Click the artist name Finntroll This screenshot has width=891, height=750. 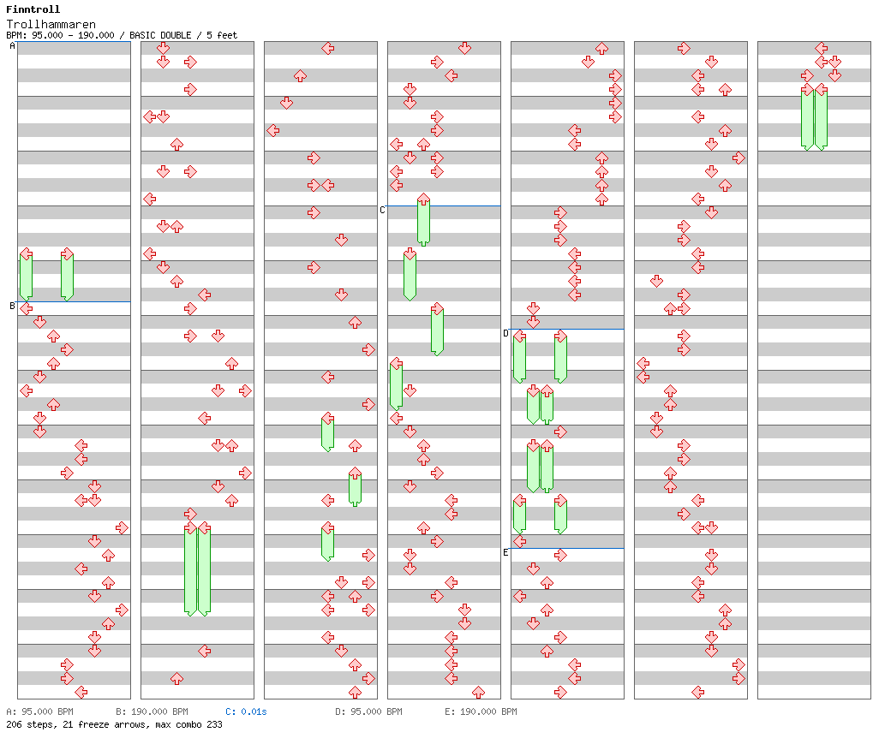33,9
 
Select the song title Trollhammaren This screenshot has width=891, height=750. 51,24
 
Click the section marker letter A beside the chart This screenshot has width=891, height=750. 12,46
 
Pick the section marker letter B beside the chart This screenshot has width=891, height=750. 12,306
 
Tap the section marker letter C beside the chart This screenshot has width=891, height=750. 382,210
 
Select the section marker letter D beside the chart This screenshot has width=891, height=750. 505,333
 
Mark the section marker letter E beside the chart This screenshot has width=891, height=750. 505,552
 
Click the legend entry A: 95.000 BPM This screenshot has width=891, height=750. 39,711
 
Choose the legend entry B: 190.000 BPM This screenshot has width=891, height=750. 152,711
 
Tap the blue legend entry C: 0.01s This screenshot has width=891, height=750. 246,711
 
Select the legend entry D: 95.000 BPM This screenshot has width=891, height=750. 368,711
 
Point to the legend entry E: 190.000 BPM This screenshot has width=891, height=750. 481,711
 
